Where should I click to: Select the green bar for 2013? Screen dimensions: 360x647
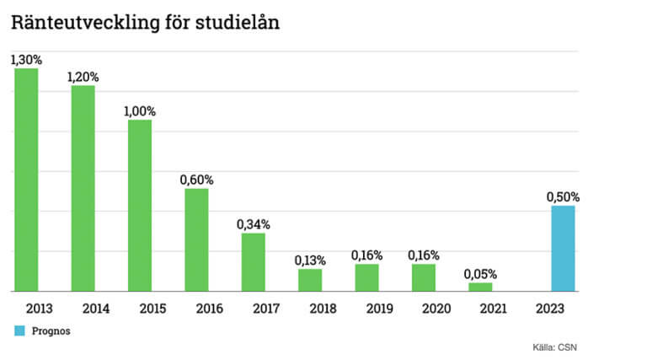click(26, 180)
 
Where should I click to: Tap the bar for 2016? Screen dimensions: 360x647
click(196, 239)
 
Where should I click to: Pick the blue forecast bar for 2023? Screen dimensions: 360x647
click(563, 249)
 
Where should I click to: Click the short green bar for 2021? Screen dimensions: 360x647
click(480, 287)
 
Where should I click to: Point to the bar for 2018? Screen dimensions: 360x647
click(310, 280)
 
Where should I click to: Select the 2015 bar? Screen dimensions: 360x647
click(140, 206)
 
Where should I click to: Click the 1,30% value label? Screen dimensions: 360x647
click(26, 60)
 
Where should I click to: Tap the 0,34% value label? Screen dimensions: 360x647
click(253, 224)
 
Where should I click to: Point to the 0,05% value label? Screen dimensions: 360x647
click(480, 274)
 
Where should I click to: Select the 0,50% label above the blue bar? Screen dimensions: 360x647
click(563, 197)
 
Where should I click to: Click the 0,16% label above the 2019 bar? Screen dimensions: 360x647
click(366, 255)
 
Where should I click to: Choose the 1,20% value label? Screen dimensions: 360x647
click(83, 77)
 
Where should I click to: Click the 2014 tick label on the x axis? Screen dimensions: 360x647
click(83, 308)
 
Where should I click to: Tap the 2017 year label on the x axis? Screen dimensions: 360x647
click(253, 308)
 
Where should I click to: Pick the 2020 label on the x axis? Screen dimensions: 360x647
click(423, 308)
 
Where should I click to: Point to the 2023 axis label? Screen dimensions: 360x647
click(563, 308)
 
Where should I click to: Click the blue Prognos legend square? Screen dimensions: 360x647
click(19, 331)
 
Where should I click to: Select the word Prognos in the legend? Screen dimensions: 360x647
click(51, 331)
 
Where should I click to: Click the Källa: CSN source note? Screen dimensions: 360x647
click(554, 347)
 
